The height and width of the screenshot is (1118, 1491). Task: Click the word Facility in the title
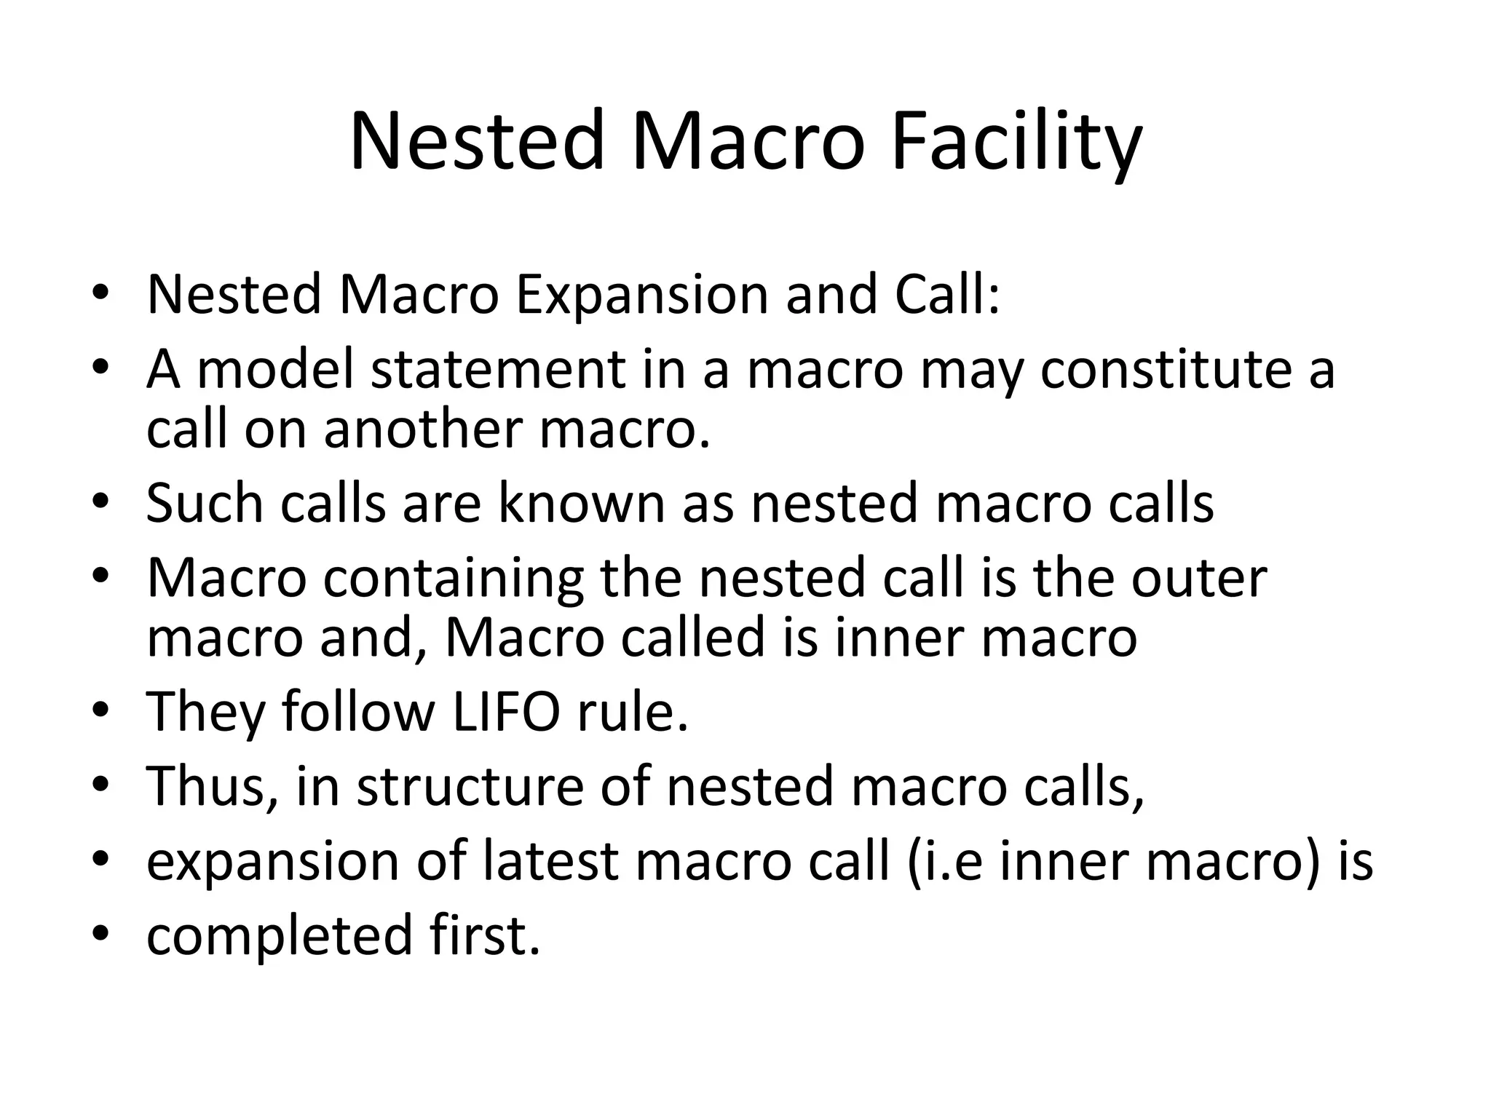[x=1016, y=140]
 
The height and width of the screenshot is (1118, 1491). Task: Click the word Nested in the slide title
[x=477, y=140]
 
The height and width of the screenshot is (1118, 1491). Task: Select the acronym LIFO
[x=505, y=712]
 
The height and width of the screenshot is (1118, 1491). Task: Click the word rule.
[x=632, y=712]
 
